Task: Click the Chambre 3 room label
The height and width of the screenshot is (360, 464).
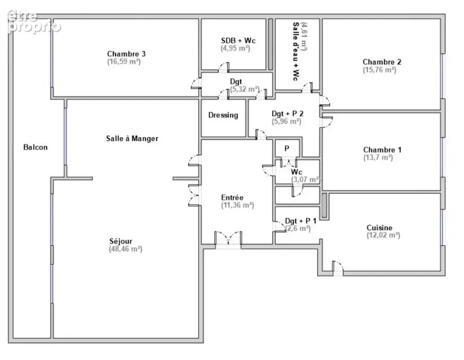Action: (126, 54)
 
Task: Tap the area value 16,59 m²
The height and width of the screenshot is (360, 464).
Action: (124, 62)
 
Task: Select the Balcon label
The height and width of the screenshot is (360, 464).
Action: (36, 147)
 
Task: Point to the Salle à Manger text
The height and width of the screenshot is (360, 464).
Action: (132, 138)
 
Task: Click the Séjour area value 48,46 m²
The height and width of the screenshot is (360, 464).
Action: (126, 249)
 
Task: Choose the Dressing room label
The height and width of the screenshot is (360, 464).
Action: (223, 115)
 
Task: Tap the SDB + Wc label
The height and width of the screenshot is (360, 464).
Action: (238, 40)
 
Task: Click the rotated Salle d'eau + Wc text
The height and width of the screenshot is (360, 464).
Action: (296, 51)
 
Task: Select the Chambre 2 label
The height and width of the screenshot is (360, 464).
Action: (382, 62)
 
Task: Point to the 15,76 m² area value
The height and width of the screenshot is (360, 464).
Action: (379, 70)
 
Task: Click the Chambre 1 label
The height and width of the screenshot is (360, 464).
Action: (382, 150)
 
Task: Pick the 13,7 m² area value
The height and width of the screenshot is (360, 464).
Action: (378, 157)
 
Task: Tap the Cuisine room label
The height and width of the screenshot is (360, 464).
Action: (379, 228)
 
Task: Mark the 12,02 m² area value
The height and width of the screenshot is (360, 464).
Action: (383, 235)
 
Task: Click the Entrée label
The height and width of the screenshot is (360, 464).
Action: (232, 198)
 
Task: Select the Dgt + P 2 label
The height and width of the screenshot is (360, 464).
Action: (287, 113)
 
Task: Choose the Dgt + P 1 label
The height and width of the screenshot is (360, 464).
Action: (300, 221)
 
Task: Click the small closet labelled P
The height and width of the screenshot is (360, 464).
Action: (287, 148)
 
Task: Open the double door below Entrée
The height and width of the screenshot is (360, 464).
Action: (228, 238)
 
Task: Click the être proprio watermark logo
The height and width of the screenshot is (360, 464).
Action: (34, 22)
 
